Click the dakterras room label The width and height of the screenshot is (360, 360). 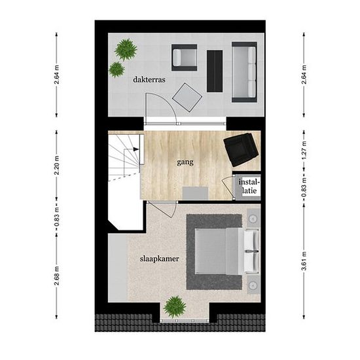point(149,80)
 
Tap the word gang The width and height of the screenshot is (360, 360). point(185,162)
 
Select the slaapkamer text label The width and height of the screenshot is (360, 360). point(159,259)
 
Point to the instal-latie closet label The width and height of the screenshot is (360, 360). point(249,187)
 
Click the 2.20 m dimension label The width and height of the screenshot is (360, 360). point(57,166)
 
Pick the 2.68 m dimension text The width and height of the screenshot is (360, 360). point(57,276)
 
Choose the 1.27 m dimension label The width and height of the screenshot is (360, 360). point(304,151)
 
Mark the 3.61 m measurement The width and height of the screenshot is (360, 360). point(304,261)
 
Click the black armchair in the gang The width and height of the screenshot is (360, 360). point(241,150)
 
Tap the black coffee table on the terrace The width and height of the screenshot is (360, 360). point(215,71)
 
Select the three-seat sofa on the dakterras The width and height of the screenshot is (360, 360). point(244,72)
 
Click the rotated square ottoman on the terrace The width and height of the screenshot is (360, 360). point(187,98)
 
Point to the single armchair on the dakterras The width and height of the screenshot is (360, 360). point(185,58)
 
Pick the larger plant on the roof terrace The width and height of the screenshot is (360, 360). point(126,50)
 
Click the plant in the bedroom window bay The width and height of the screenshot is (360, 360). point(175,306)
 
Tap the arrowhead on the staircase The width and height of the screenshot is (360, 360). point(136,149)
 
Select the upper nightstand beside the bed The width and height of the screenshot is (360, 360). point(253,218)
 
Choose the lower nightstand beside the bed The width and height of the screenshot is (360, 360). point(253,285)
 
